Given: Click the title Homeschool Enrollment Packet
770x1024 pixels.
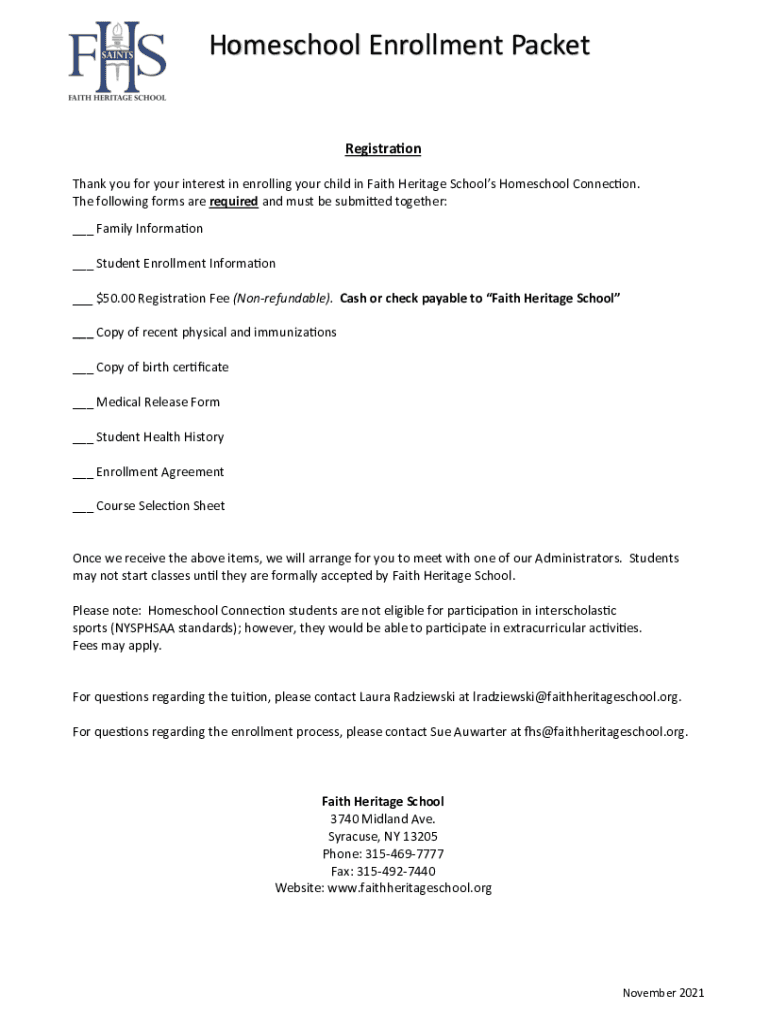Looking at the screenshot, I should coord(399,46).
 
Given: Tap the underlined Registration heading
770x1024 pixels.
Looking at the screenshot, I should coord(383,149).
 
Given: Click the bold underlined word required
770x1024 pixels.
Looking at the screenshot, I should coord(233,201).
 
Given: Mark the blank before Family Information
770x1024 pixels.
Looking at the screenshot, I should coord(82,230).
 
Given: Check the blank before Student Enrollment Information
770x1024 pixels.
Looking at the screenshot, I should coord(82,265).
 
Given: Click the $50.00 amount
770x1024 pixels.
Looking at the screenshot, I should coord(115,298).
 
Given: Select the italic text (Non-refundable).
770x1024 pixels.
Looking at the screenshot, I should coord(283,298).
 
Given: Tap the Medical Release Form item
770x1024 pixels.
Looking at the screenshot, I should coord(157,402).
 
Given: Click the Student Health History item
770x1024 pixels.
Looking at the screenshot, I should coord(159,437).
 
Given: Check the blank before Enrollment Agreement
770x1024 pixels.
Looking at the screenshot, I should coord(82,473).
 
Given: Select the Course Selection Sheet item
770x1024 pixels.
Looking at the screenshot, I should coord(160,506).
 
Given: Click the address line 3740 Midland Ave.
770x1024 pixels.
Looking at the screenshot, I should coord(383,819).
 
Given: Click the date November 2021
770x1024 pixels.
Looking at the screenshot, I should coord(663,993).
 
